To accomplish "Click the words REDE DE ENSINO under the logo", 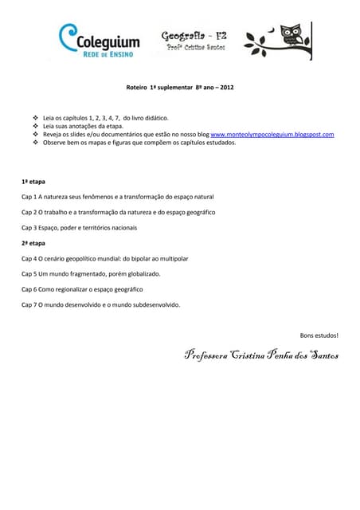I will pos(110,54).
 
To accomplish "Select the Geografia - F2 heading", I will pos(193,36).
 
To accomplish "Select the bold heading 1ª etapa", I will pos(33,181).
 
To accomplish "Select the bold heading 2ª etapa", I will pos(33,242).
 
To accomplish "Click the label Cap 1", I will pos(29,196).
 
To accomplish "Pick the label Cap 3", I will pos(29,227).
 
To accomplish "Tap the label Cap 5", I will pos(29,273).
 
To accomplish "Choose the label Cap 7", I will pos(29,304).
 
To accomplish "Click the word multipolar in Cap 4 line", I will pos(173,258).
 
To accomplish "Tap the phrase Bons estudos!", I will pos(319,335).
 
